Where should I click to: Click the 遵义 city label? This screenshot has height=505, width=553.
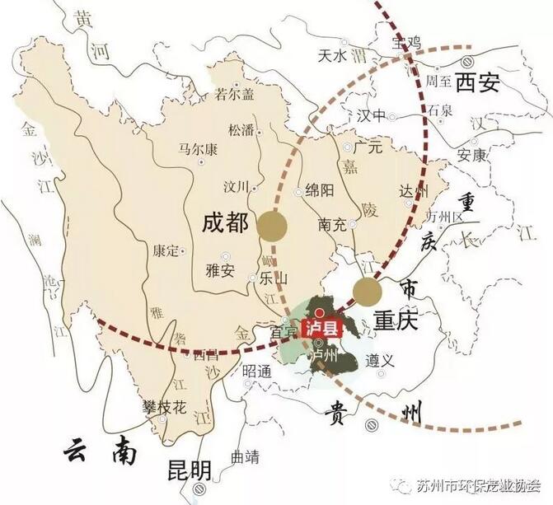click(x=382, y=359)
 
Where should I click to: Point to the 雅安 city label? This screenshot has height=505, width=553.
click(x=219, y=269)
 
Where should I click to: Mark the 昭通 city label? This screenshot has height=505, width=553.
click(x=256, y=371)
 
